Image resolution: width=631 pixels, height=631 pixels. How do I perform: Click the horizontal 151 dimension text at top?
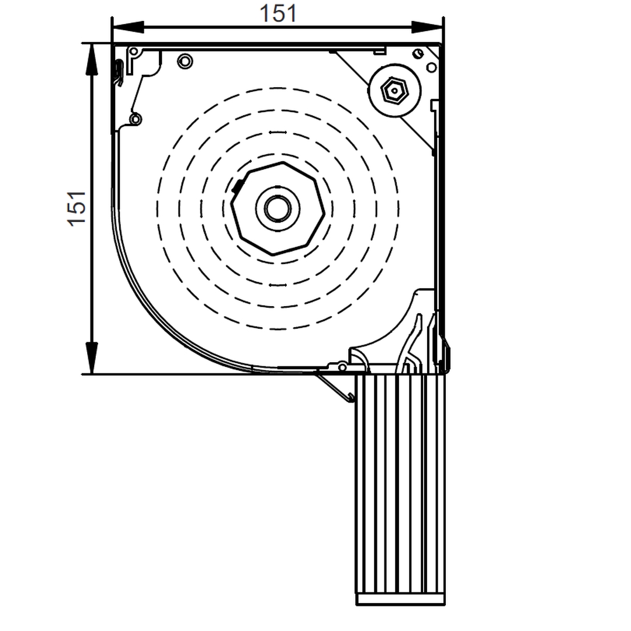[278, 13]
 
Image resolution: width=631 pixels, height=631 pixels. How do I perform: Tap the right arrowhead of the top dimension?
[427, 27]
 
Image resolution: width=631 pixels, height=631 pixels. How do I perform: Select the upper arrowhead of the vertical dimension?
[92, 59]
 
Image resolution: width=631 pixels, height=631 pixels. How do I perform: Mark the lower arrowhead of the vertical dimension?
[92, 358]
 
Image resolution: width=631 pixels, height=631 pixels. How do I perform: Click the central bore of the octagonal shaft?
[278, 208]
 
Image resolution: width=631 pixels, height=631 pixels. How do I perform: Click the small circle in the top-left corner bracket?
[134, 51]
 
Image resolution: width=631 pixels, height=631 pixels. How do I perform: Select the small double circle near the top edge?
[185, 60]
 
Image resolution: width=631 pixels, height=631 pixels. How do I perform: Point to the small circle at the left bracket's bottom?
[136, 119]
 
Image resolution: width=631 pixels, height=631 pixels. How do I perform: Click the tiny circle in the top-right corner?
[417, 54]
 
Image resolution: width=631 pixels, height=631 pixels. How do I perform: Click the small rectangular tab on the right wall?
[434, 105]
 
